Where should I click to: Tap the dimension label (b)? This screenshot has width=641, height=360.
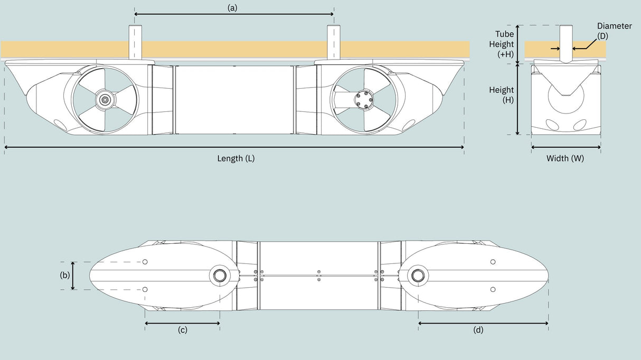[x=65, y=276]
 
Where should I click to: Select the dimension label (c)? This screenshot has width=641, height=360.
[x=182, y=330]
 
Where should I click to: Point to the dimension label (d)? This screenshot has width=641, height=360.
[x=478, y=330]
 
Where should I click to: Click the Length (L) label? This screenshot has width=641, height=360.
[x=236, y=158]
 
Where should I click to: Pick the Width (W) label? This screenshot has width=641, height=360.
[x=565, y=158]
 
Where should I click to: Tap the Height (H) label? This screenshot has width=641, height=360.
[x=501, y=94]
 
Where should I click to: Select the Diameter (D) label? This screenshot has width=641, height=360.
[x=614, y=30]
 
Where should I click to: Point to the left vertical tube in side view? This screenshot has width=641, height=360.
[x=134, y=42]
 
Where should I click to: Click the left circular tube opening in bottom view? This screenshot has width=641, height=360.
[x=218, y=275]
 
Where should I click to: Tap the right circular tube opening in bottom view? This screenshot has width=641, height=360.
[x=417, y=275]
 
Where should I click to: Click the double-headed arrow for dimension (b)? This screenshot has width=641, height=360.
[x=73, y=276]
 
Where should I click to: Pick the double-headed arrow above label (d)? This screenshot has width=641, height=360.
[x=483, y=323]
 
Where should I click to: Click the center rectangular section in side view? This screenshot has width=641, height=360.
[x=234, y=99]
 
